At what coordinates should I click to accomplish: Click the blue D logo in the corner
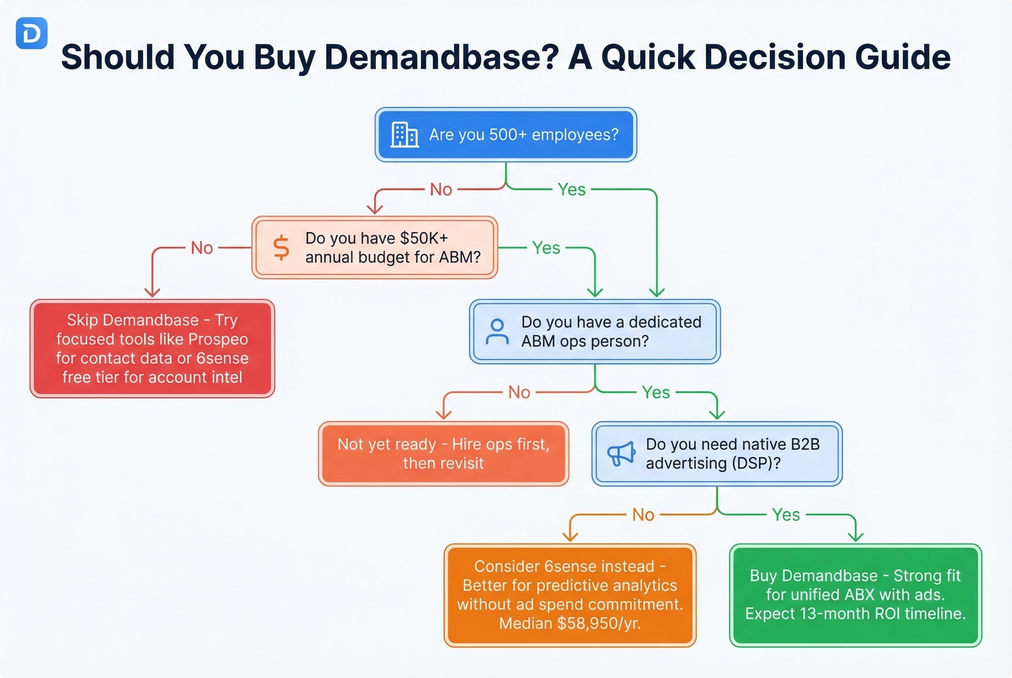click(31, 34)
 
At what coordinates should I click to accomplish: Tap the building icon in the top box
click(404, 134)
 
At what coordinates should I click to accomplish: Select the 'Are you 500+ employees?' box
click(506, 135)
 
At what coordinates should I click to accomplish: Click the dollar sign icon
click(281, 248)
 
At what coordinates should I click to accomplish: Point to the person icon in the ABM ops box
click(497, 331)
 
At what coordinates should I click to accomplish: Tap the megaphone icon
click(621, 454)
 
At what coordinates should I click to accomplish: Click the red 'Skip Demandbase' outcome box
click(152, 349)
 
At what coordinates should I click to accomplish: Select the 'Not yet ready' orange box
click(443, 453)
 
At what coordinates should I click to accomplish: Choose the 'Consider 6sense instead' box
click(570, 595)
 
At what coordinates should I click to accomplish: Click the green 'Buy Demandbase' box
click(855, 595)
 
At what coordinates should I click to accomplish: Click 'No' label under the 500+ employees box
click(441, 189)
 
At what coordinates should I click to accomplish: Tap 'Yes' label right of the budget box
click(546, 248)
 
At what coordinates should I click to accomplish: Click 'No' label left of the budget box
click(202, 248)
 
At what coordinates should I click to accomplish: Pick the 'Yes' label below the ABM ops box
click(656, 392)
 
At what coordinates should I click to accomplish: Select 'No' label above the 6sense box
click(643, 515)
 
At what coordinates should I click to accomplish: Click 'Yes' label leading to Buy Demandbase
click(786, 515)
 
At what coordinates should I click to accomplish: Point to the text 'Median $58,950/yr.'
click(570, 623)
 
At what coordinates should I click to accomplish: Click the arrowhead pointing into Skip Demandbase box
click(152, 292)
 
